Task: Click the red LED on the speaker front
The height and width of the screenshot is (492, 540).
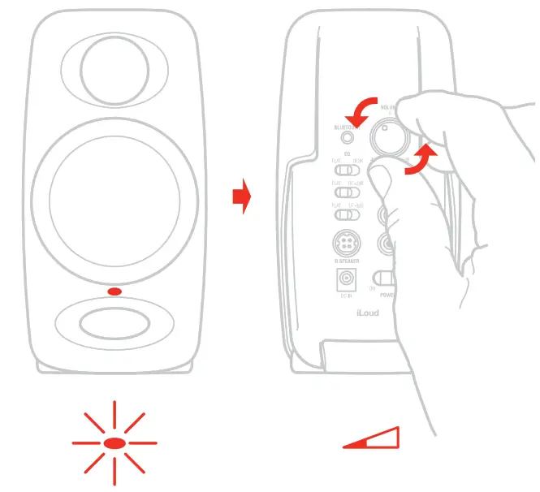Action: point(114,291)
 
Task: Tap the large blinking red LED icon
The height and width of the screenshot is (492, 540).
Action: point(114,443)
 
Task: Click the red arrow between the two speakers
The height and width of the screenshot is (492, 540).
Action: point(241,197)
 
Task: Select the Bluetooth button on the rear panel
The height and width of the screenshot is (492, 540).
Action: point(348,138)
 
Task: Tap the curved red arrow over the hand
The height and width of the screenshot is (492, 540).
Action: point(422,158)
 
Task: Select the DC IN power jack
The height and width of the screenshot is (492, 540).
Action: point(348,280)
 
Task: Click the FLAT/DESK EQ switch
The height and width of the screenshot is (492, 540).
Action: point(347,170)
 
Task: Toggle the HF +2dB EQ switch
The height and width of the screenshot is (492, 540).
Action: point(347,193)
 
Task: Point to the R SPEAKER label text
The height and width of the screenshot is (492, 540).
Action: point(347,261)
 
